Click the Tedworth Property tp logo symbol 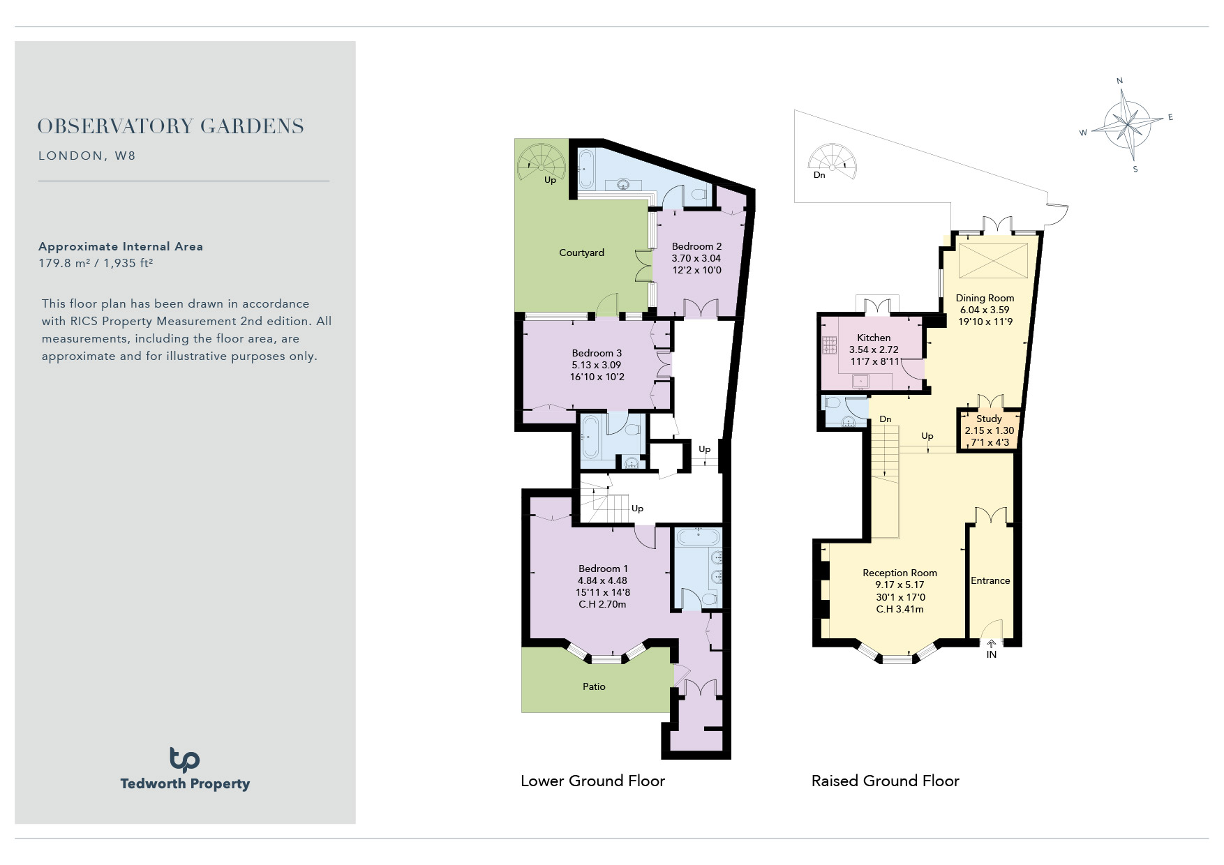[x=184, y=760]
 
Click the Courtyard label [x=581, y=253]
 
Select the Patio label [x=594, y=686]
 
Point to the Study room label [x=989, y=419]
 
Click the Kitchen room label [x=874, y=338]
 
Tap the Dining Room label [x=985, y=298]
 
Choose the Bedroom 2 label [x=696, y=246]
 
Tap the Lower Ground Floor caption [x=592, y=781]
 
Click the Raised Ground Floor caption [x=885, y=781]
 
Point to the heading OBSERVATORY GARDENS [x=170, y=126]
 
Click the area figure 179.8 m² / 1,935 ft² [x=96, y=264]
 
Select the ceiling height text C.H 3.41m [x=900, y=609]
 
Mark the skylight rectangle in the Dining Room [x=993, y=261]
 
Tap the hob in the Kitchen [x=829, y=345]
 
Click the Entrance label [x=990, y=580]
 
